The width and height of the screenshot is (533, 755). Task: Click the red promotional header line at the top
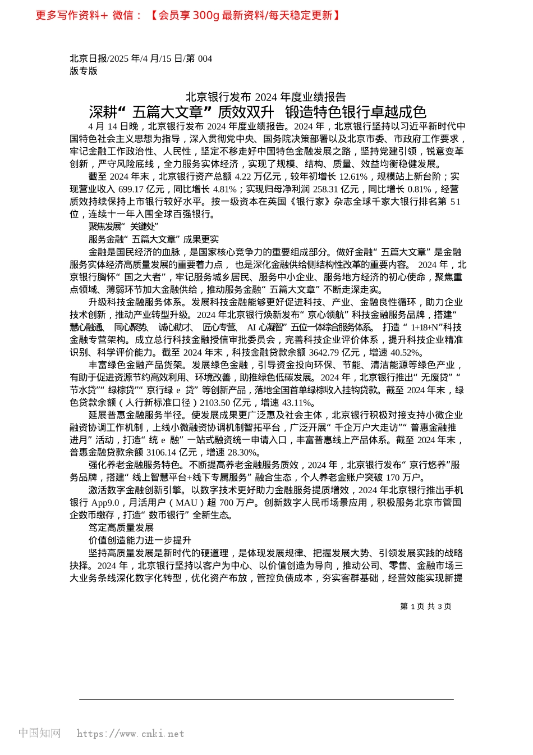pos(188,15)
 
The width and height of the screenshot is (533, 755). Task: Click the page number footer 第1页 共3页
pos(426,606)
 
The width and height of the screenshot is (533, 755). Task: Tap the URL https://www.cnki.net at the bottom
pos(130,734)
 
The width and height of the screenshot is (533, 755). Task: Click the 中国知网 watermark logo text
pos(39,733)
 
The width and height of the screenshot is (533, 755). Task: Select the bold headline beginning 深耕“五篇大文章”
pos(258,112)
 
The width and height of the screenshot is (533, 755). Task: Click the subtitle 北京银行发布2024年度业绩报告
pos(266,97)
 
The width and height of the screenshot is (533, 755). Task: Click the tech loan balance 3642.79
pos(328,353)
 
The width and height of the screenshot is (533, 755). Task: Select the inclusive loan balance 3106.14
pos(161,453)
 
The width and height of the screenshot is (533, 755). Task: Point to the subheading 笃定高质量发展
pos(121,528)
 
